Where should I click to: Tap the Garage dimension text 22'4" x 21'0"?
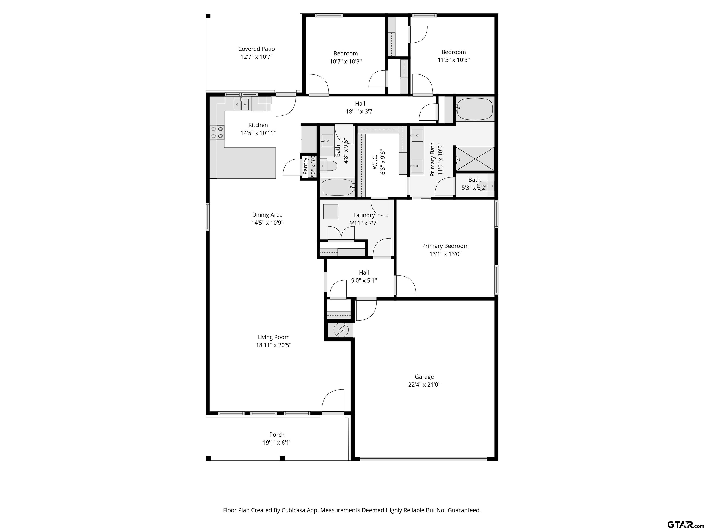click(424, 385)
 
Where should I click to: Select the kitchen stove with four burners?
click(217, 132)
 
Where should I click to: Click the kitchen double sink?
click(241, 104)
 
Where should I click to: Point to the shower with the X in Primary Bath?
click(475, 159)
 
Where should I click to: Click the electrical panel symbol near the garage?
click(341, 330)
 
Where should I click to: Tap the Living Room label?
click(274, 337)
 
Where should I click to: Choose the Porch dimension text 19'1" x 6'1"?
click(277, 442)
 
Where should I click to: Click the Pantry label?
click(305, 165)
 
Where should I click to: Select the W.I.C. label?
click(375, 162)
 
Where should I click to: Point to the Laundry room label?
click(364, 215)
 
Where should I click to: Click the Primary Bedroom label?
click(445, 246)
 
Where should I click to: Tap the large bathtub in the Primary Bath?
click(474, 109)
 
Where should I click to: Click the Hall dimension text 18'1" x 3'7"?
click(360, 111)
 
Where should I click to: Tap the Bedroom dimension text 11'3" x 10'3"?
click(454, 60)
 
